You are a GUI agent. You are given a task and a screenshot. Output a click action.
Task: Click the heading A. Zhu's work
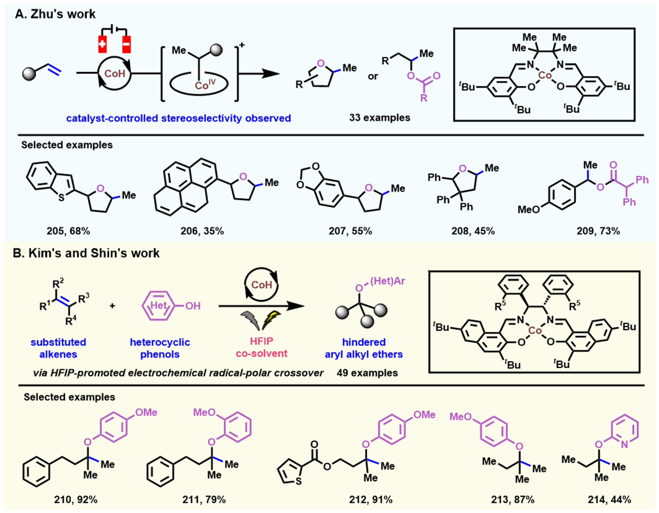coord(55,14)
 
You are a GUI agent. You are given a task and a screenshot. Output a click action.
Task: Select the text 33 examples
coord(380,118)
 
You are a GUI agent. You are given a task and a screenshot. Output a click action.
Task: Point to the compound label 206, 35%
coord(202,231)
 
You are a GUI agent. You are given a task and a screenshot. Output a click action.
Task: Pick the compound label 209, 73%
coord(598,231)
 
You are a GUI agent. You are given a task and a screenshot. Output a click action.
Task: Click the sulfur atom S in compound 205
coord(62,198)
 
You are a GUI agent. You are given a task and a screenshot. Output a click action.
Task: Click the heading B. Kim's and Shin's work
coord(86,253)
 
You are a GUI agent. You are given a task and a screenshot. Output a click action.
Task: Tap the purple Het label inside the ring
coord(158,305)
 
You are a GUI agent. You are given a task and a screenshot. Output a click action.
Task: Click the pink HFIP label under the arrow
coord(261,341)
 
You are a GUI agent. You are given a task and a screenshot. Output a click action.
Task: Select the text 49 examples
coord(367,373)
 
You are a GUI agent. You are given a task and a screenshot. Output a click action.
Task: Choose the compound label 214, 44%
coord(609,500)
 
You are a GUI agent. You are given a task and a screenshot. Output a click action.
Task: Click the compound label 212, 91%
coord(371,500)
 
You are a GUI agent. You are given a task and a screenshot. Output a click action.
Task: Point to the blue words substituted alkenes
coord(58,348)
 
